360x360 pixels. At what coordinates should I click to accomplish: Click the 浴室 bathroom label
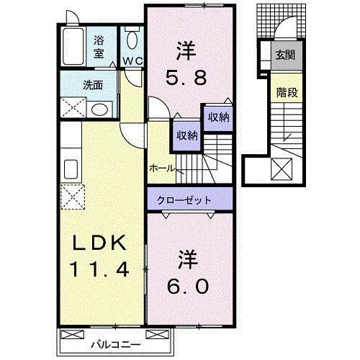[x=99, y=46]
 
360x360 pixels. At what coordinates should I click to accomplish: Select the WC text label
[x=132, y=60]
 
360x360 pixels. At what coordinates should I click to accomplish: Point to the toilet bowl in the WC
[x=132, y=39]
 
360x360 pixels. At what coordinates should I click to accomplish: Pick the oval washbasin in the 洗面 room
[x=101, y=110]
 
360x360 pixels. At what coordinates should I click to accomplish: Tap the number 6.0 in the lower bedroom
[x=190, y=286]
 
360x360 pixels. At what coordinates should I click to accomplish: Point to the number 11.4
[x=99, y=270]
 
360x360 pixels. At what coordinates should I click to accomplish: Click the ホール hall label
[x=161, y=168]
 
